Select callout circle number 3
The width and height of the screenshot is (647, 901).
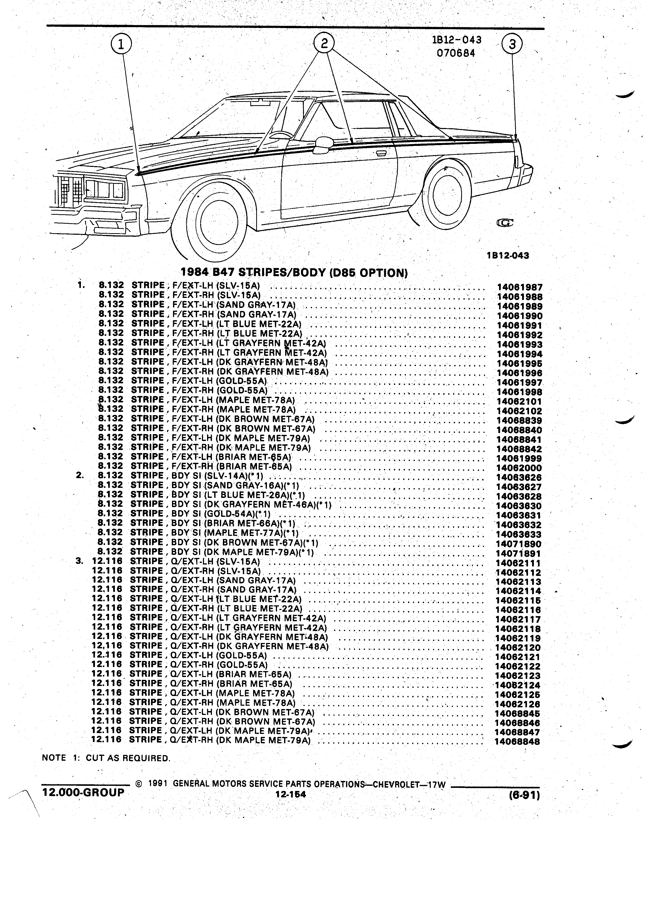[512, 44]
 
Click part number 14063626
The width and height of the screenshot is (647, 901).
[519, 478]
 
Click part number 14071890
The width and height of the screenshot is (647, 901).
[519, 544]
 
